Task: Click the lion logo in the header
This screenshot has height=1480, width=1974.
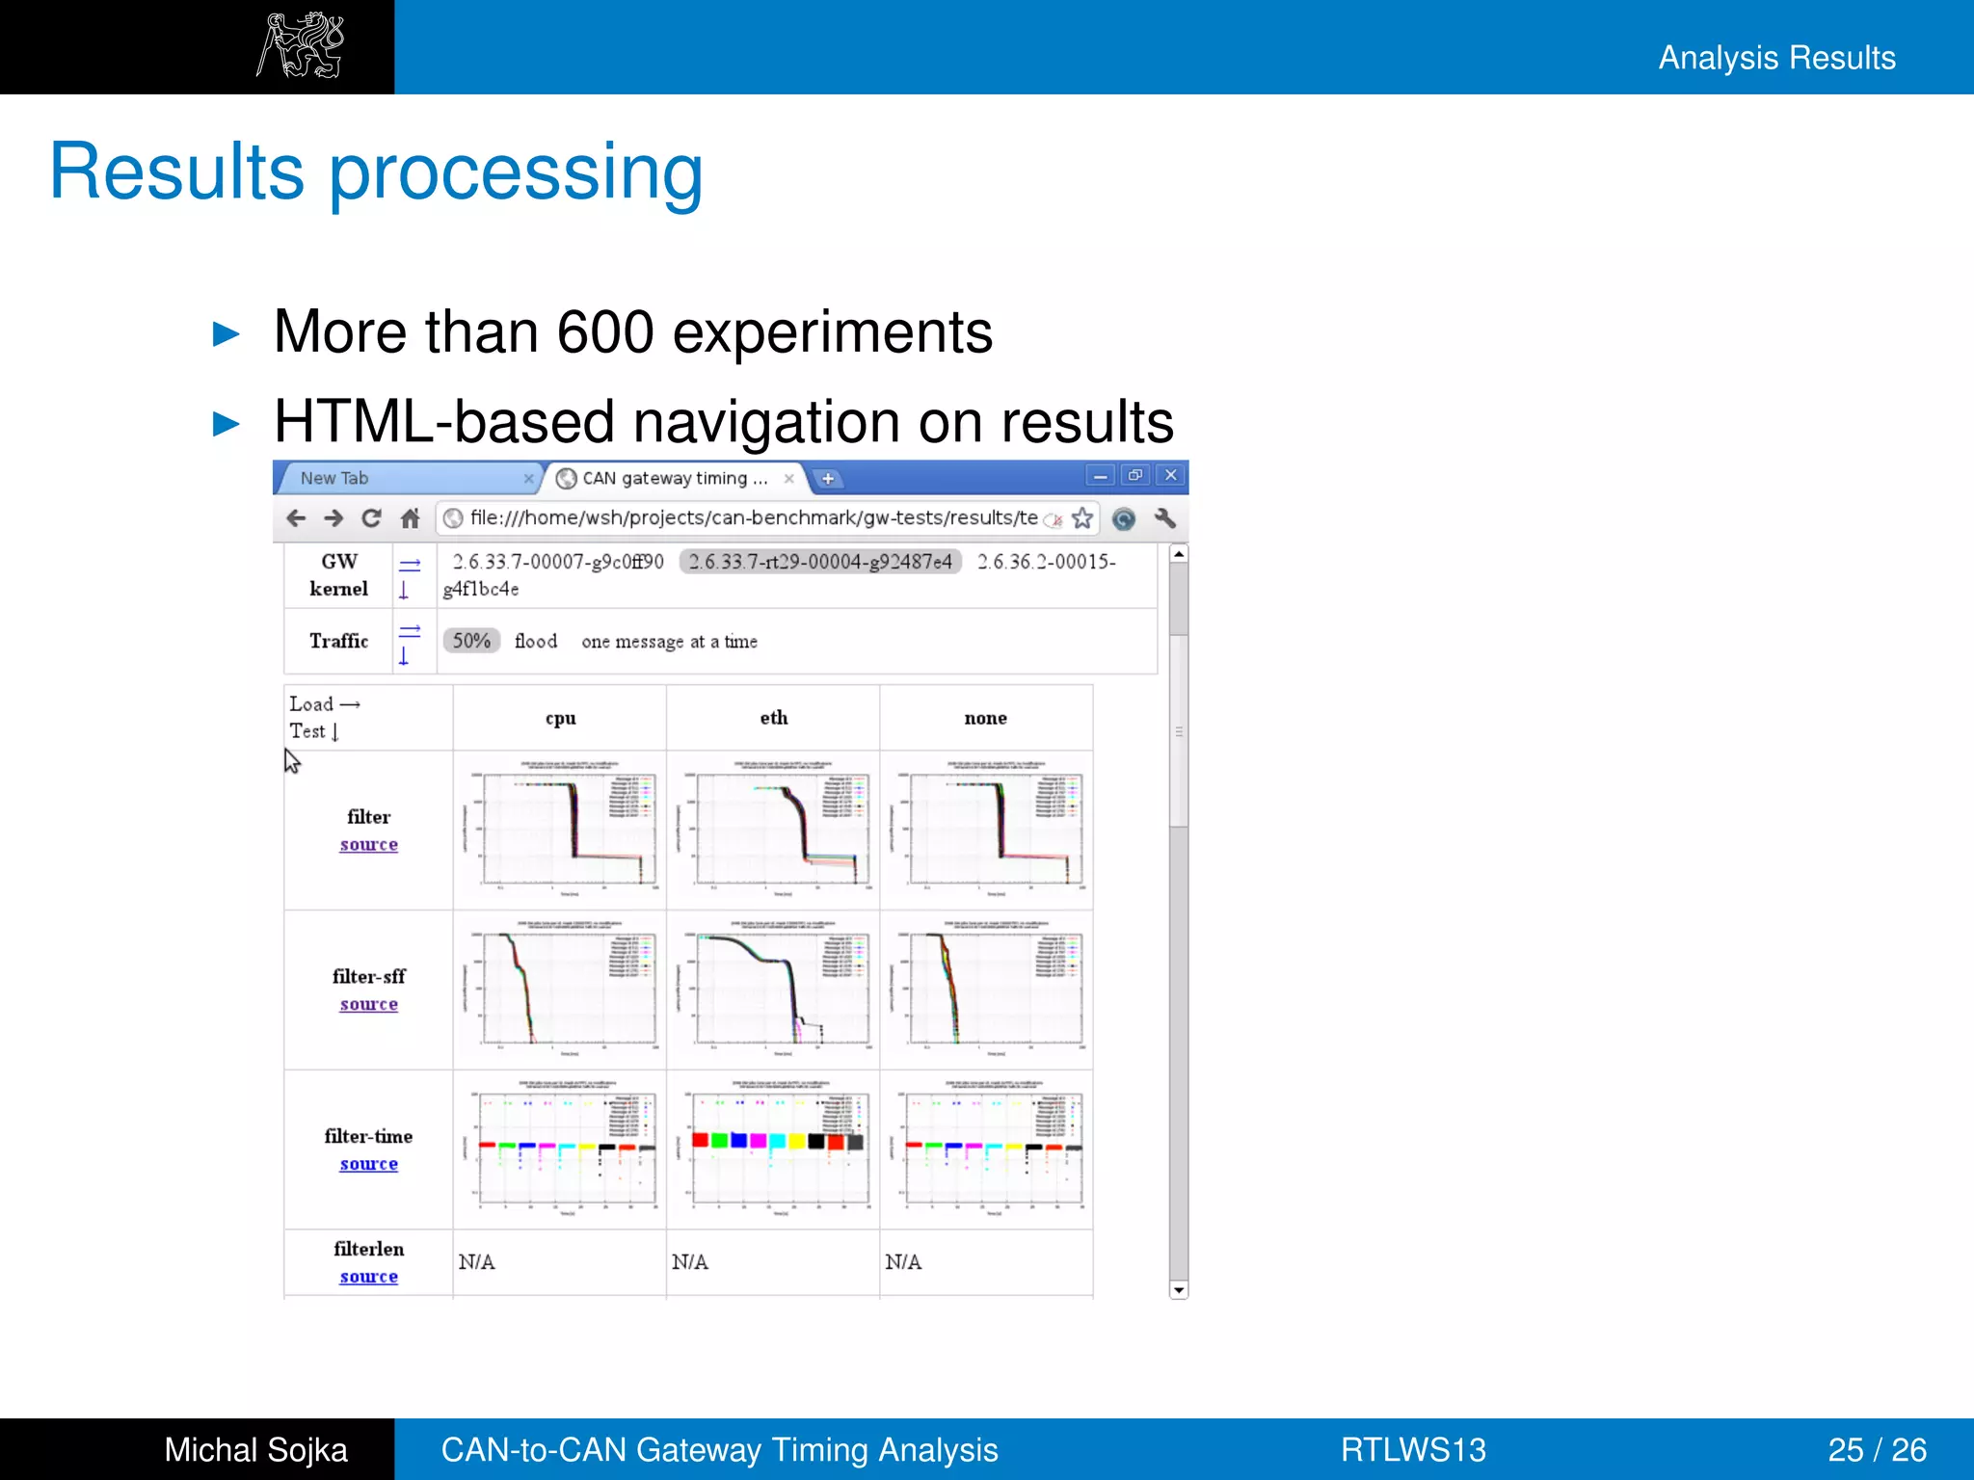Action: coord(300,45)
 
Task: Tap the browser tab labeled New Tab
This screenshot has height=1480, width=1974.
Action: coord(334,478)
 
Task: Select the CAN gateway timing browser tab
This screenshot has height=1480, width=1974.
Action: coord(674,478)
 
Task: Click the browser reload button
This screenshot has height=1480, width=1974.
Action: coord(371,518)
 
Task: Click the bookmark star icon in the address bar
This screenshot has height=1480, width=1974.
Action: coord(1082,518)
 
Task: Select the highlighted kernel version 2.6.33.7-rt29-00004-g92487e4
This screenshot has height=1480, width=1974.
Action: coord(820,562)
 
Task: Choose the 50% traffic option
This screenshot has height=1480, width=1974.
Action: coord(471,641)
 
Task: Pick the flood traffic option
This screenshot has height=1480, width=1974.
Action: coord(536,641)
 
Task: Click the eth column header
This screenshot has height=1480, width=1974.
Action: coord(773,718)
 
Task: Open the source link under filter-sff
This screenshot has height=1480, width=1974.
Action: coord(368,1004)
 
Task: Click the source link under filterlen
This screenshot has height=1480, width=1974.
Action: coord(368,1277)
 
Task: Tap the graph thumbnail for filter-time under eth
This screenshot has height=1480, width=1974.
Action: coord(773,1149)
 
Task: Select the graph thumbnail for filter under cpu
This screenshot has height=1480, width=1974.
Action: coord(561,829)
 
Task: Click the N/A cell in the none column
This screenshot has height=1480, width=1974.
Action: coord(903,1262)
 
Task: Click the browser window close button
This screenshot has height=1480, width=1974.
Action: coord(1170,475)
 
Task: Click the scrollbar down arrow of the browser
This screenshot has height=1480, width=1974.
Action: coord(1178,1290)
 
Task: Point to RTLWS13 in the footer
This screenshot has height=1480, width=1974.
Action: coord(1413,1449)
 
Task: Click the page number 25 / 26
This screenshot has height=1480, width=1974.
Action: coord(1877,1449)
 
